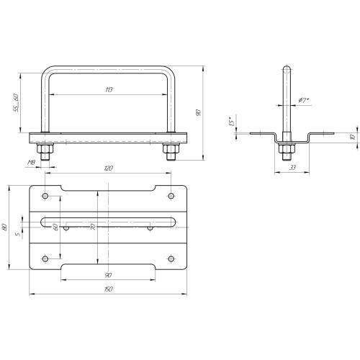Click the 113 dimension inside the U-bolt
(109, 90)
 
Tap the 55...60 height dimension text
(16, 103)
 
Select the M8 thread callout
(32, 163)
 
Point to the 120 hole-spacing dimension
(109, 168)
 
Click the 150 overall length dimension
(109, 289)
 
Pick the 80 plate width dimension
(4, 227)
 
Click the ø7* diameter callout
(303, 100)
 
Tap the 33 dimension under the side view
(292, 168)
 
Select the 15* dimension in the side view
(231, 122)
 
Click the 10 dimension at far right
(353, 137)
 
